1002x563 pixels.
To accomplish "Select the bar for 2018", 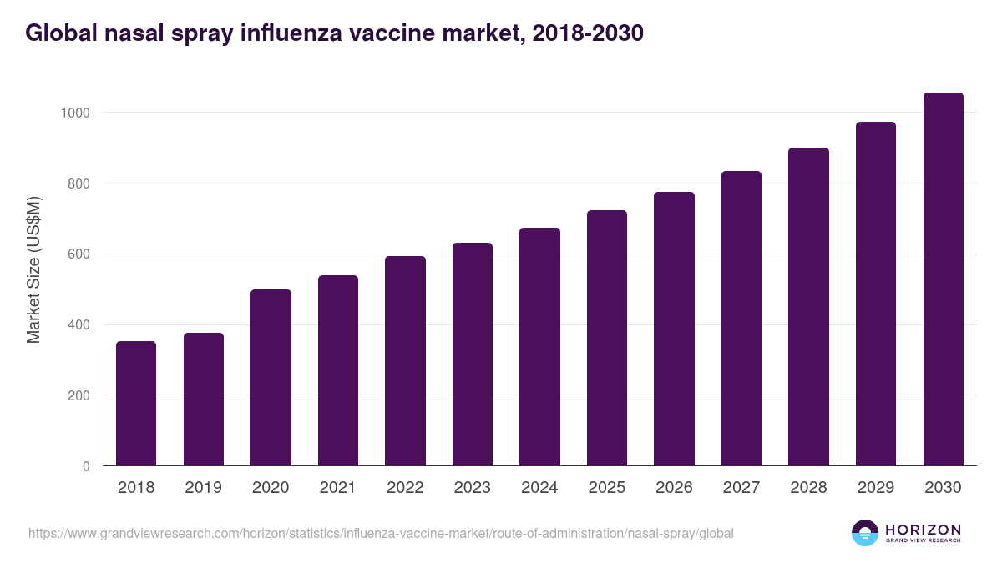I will pos(136,404).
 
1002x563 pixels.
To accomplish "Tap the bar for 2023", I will pos(472,354).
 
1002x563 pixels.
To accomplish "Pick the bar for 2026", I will pos(674,329).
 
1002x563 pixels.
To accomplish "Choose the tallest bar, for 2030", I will pos(943,279).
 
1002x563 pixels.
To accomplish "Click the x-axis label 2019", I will pos(203,488).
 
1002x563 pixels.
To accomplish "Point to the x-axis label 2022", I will pos(405,488).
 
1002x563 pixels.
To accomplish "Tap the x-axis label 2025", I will pos(606,488).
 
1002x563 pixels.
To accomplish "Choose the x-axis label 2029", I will pos(875,488).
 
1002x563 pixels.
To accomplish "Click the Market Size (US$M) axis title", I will pos(33,269).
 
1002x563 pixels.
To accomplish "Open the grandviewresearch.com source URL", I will pos(381,533).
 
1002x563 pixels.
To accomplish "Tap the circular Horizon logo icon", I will pos(865,533).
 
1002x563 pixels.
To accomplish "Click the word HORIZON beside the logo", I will pos(922,530).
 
